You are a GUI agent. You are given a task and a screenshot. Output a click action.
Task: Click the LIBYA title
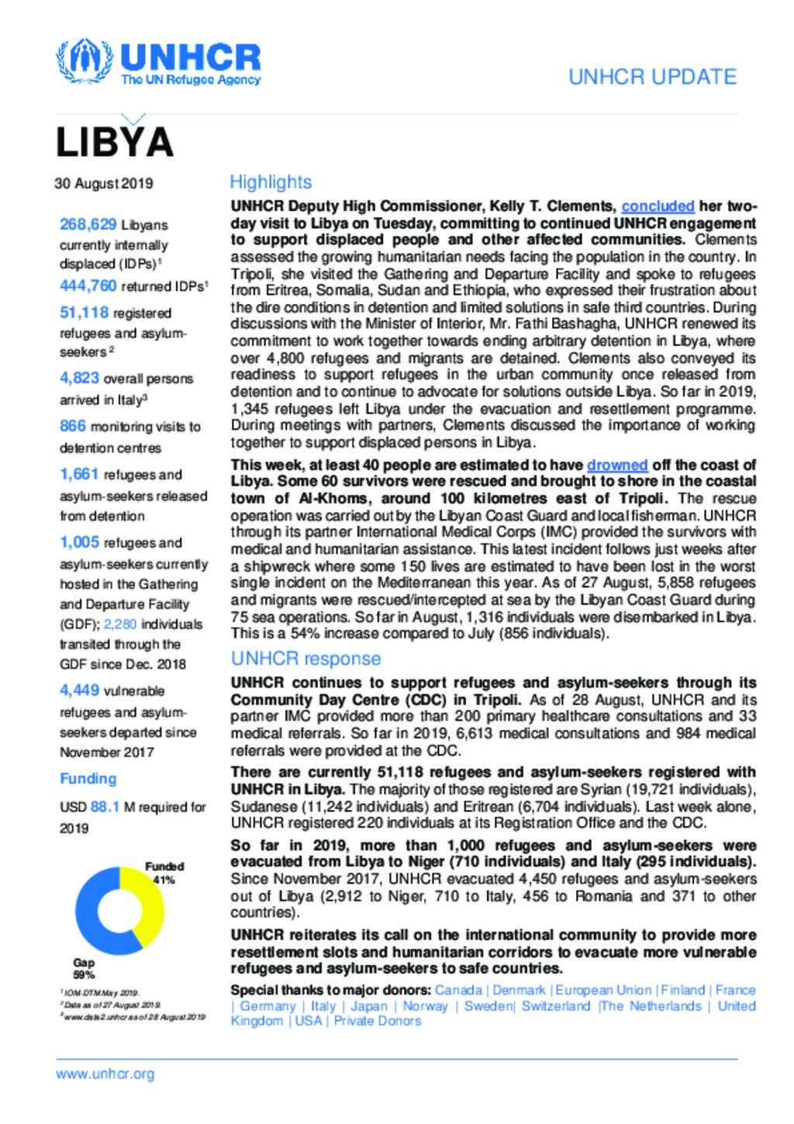click(114, 141)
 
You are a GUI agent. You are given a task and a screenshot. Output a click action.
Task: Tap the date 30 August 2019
click(104, 184)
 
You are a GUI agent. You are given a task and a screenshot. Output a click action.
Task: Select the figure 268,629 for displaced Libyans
click(88, 224)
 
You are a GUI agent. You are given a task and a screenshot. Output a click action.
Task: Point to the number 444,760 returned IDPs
click(88, 286)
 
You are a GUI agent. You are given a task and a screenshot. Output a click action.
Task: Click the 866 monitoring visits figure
click(73, 426)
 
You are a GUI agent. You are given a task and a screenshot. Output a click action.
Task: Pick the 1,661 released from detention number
click(80, 474)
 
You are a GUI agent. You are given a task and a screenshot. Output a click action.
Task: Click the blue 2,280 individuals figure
click(120, 624)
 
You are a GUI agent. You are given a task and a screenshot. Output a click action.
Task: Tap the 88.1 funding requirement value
click(105, 807)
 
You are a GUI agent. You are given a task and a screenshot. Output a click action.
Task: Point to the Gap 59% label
click(84, 968)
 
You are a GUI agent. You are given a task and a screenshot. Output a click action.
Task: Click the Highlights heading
click(271, 182)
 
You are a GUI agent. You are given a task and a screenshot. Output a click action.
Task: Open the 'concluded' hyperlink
click(658, 206)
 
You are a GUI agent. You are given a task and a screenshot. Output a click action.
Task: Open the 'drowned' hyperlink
click(617, 465)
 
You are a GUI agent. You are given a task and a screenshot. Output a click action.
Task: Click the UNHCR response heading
click(306, 659)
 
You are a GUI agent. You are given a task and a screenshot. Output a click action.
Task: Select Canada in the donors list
click(457, 990)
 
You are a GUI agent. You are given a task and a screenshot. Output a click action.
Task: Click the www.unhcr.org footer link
click(105, 1074)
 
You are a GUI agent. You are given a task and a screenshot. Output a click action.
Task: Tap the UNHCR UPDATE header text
click(652, 77)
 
